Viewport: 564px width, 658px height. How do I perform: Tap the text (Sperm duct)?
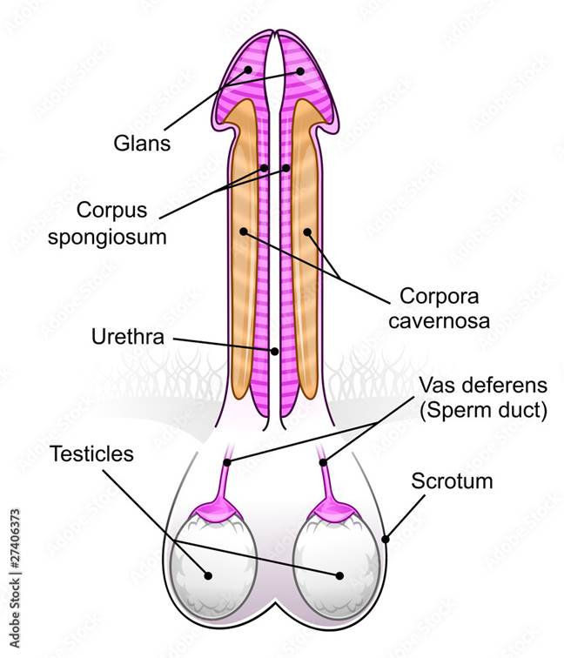tap(483, 411)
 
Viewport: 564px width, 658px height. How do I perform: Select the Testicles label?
tap(91, 453)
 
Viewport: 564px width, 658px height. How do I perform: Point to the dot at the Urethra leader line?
tap(275, 352)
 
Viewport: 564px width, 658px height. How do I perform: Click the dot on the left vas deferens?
tap(227, 461)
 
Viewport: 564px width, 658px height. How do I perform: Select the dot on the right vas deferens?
tap(323, 461)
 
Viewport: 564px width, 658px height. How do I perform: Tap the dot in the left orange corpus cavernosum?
tap(245, 232)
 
